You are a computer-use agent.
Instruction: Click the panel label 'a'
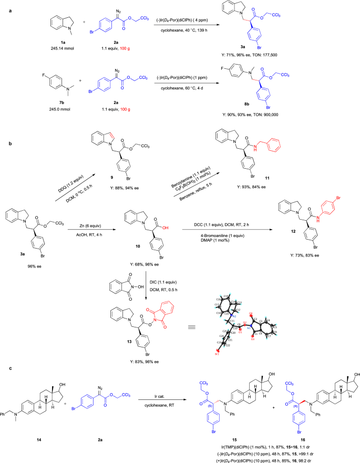coord(4,4)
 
